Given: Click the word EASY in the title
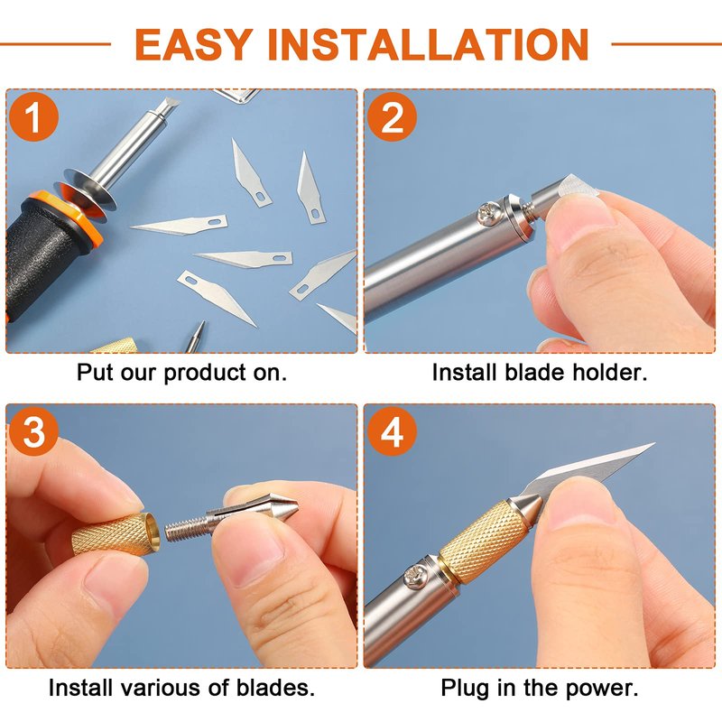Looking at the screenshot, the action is [194, 44].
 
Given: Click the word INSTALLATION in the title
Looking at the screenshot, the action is [428, 44].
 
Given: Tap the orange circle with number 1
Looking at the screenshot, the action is [33, 116].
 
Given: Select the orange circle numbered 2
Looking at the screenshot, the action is [392, 116].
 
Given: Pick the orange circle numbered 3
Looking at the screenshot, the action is [33, 431].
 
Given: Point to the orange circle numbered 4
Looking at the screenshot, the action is [392, 431].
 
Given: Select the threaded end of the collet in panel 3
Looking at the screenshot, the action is [187, 529].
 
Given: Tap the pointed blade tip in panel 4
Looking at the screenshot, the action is [653, 444].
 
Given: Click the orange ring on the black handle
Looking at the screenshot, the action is [64, 217].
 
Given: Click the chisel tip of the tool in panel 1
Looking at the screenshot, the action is [167, 106].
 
